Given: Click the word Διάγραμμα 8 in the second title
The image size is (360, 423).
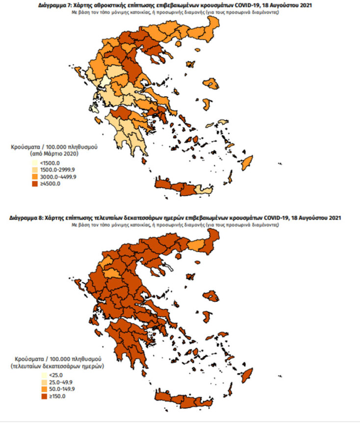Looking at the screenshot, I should coord(29,217).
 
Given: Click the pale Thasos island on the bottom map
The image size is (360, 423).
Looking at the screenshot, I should coord(169,268).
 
